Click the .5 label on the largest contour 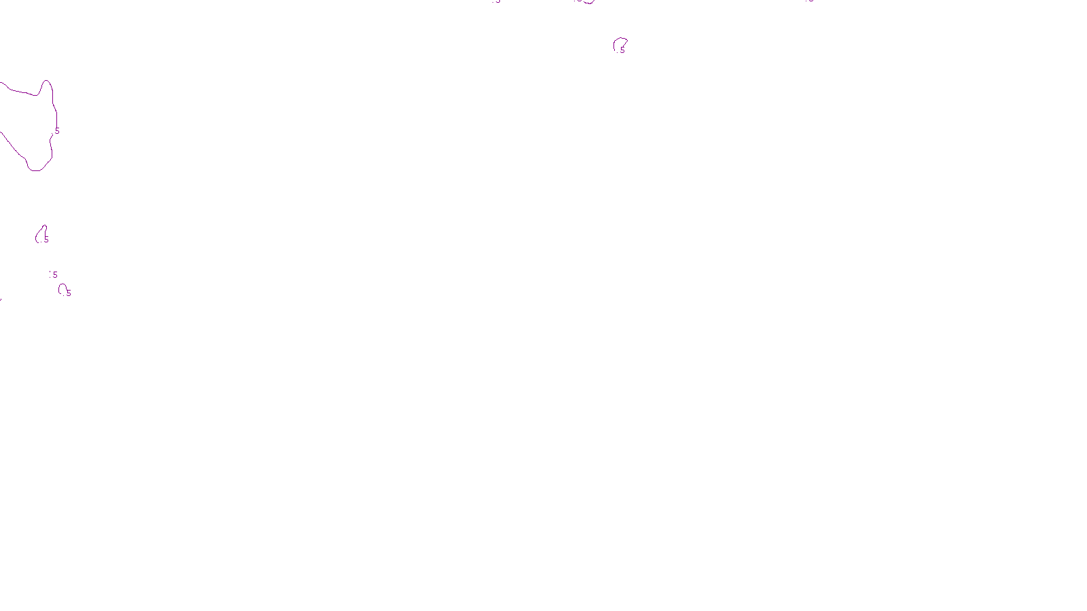[x=57, y=131]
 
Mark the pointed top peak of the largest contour [x=46, y=81]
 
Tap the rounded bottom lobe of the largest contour [x=36, y=169]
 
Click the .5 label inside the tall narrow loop [x=46, y=240]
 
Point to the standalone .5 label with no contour [x=54, y=275]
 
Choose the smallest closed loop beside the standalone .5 [x=62, y=289]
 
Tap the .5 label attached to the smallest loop [x=68, y=293]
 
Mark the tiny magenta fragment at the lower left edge [x=1, y=299]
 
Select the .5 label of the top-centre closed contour [x=622, y=50]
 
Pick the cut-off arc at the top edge [x=586, y=2]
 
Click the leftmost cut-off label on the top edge [x=497, y=1]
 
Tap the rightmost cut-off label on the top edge [x=810, y=1]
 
